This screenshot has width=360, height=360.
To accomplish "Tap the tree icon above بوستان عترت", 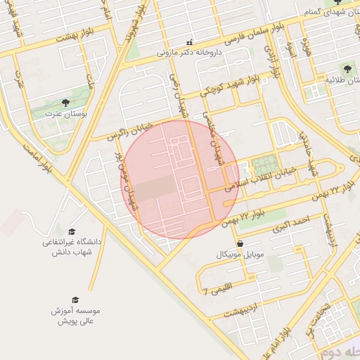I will coord(65,103).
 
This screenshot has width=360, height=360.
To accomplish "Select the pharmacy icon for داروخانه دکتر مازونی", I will coord(188,41).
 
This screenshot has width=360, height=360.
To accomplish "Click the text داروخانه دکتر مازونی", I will coord(188,52).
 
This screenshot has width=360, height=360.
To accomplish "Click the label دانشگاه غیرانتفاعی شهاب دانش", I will coord(72,247).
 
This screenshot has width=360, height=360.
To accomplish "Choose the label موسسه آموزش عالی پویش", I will coord(75,315).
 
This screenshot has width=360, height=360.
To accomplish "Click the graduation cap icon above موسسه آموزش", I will coord(75,300).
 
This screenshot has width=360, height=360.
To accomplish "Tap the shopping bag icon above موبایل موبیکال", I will coord(240,243).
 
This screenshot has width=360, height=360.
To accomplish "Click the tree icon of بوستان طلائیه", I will coord(347,68).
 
